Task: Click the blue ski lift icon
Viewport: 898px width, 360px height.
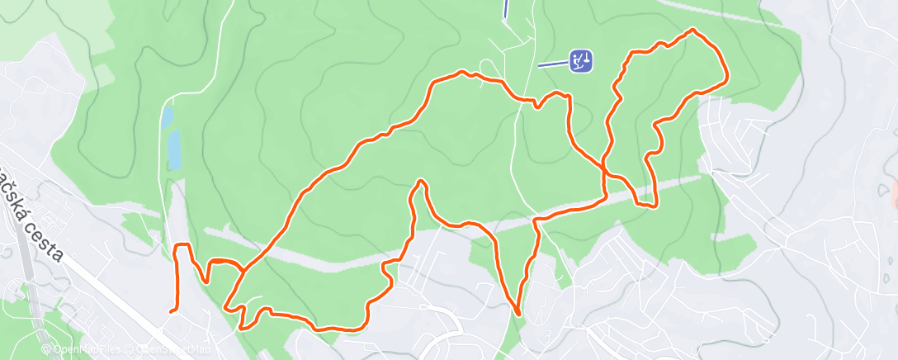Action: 581,60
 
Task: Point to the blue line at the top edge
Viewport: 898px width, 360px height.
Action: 505,8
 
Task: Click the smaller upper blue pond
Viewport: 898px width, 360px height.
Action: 168,118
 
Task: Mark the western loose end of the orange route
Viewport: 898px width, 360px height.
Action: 171,311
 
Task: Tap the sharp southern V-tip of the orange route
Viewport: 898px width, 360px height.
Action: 518,314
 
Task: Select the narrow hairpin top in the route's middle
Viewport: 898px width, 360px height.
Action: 421,182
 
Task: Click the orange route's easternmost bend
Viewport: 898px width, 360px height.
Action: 725,80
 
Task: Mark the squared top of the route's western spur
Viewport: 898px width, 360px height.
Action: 182,245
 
